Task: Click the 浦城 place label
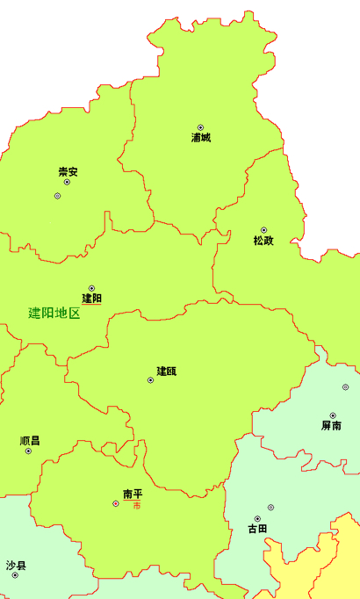click(x=200, y=138)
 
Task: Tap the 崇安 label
click(x=68, y=171)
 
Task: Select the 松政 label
click(x=263, y=241)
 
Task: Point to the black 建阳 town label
click(x=91, y=299)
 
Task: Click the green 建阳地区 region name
click(x=54, y=313)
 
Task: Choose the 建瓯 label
click(x=167, y=372)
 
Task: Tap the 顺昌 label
click(x=29, y=441)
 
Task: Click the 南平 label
click(x=133, y=494)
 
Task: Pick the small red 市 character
click(x=136, y=506)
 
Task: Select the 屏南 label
click(x=332, y=426)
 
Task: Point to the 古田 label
click(x=257, y=529)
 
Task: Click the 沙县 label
click(x=15, y=565)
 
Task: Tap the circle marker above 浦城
click(x=200, y=127)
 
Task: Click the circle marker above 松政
click(x=263, y=230)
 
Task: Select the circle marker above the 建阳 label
click(x=91, y=287)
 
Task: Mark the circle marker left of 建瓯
click(x=150, y=380)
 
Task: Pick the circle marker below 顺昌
click(x=28, y=451)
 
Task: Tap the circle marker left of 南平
click(x=116, y=503)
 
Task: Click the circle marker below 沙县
click(x=15, y=575)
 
